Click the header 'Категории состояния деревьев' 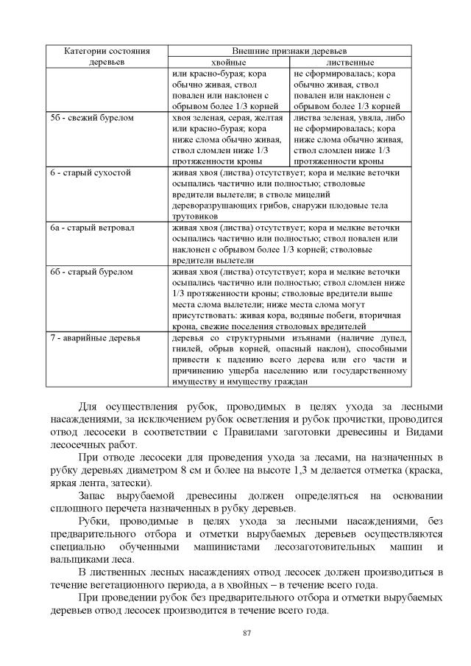tap(107, 57)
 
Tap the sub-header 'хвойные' tap(228, 63)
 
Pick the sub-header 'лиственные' tap(350, 63)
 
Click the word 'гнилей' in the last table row tap(187, 348)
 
